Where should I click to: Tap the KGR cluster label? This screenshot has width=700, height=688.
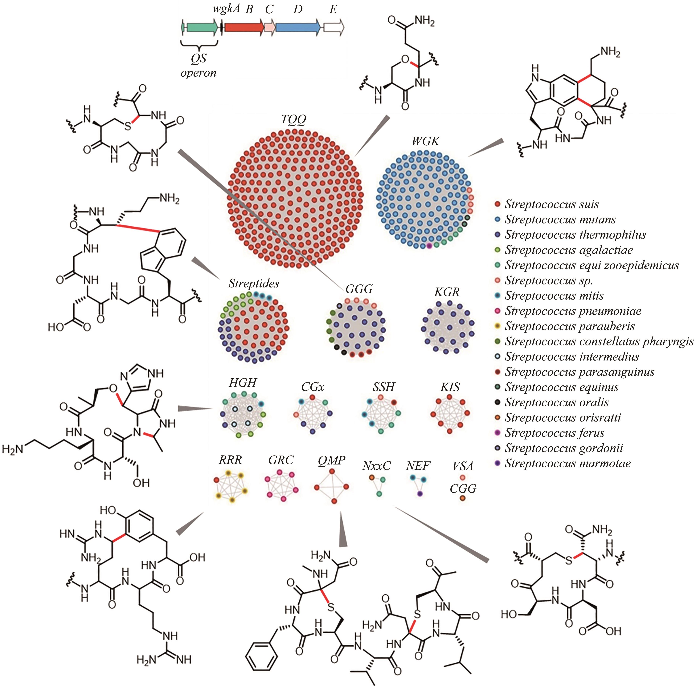point(447,292)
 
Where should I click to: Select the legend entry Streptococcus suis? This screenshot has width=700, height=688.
point(551,204)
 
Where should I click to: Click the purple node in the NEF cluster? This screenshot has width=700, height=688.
point(420,494)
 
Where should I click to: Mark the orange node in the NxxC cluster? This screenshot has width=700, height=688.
point(371,478)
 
